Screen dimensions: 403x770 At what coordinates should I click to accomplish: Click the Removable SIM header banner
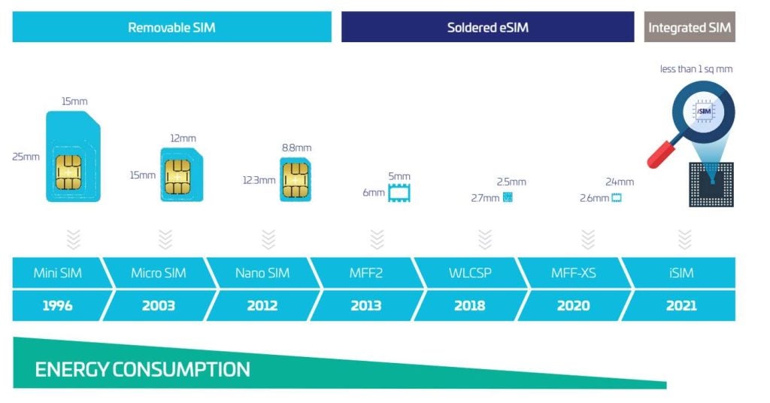(x=171, y=28)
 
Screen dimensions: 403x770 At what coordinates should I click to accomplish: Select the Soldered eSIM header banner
(x=487, y=28)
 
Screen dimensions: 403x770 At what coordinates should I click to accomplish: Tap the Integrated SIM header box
(x=690, y=28)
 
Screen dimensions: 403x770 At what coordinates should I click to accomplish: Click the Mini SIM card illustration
(x=72, y=157)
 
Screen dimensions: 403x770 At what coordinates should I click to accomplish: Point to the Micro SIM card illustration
(x=180, y=175)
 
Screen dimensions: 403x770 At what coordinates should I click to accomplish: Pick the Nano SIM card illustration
(x=295, y=179)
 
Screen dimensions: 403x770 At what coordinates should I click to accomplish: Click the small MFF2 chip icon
(x=399, y=193)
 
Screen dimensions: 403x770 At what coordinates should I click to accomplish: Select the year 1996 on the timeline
(x=57, y=305)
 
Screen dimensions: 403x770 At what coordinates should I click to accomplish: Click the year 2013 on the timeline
(x=365, y=305)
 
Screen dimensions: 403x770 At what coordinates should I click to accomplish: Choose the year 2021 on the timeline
(x=681, y=305)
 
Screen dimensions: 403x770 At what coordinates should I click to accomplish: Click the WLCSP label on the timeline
(x=470, y=273)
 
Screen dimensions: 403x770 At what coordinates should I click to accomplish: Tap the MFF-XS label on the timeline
(x=573, y=273)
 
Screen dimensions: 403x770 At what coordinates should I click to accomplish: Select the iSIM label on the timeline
(x=681, y=273)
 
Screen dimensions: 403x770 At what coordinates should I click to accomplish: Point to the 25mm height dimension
(x=26, y=157)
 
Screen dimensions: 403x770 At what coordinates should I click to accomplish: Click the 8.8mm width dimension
(x=296, y=148)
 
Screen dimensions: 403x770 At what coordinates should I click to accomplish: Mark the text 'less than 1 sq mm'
(x=696, y=69)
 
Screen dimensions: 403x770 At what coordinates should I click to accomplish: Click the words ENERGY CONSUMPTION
(x=142, y=369)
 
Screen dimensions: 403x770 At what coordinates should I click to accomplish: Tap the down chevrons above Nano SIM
(x=268, y=239)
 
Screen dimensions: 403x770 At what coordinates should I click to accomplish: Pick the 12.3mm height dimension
(x=259, y=181)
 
